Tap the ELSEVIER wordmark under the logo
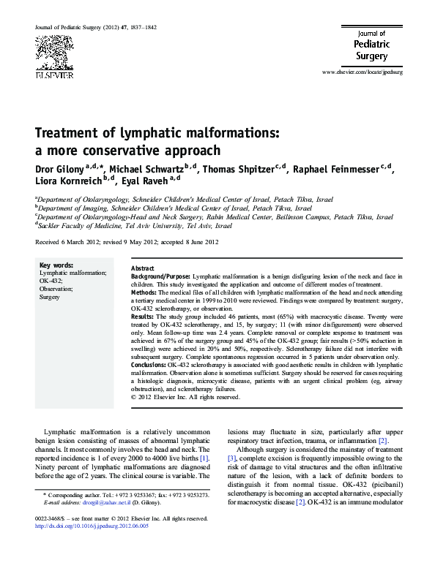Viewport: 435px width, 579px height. click(53, 75)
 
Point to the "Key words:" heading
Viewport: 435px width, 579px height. click(55, 265)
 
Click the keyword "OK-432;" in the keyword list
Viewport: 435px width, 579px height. click(51, 281)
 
